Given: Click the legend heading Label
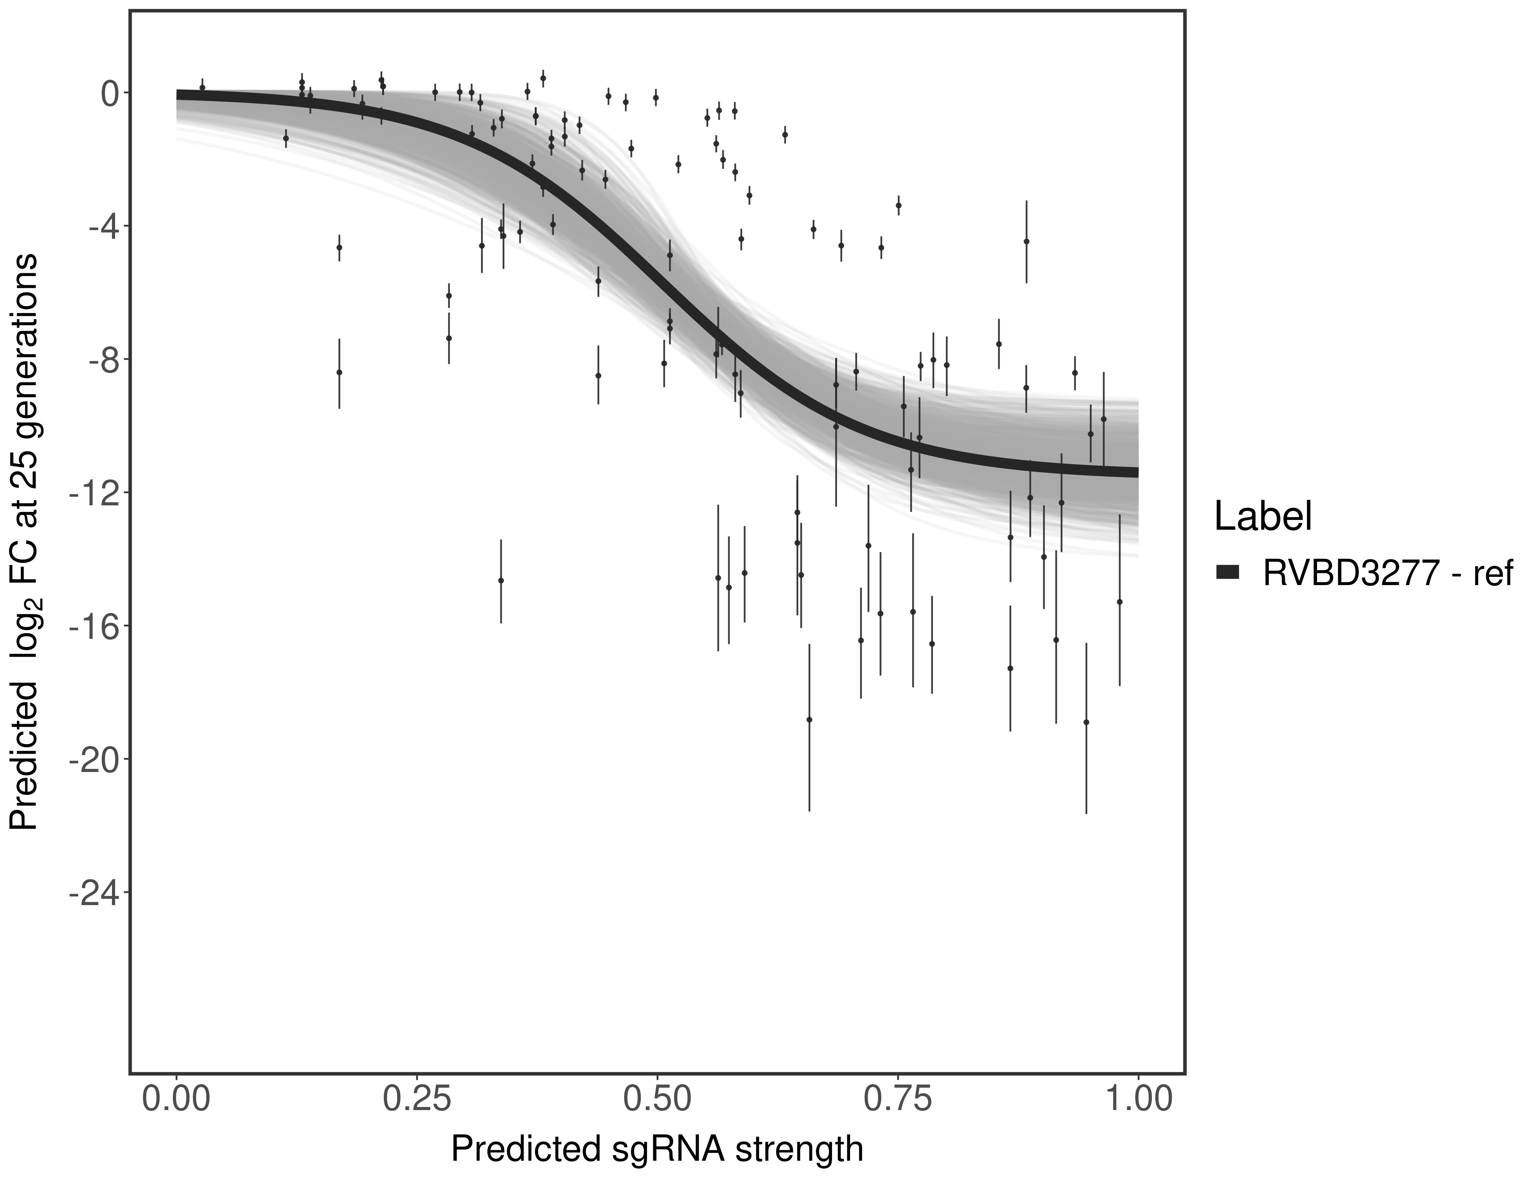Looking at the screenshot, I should [x=1263, y=517].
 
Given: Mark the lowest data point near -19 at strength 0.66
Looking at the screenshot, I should [x=809, y=719].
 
